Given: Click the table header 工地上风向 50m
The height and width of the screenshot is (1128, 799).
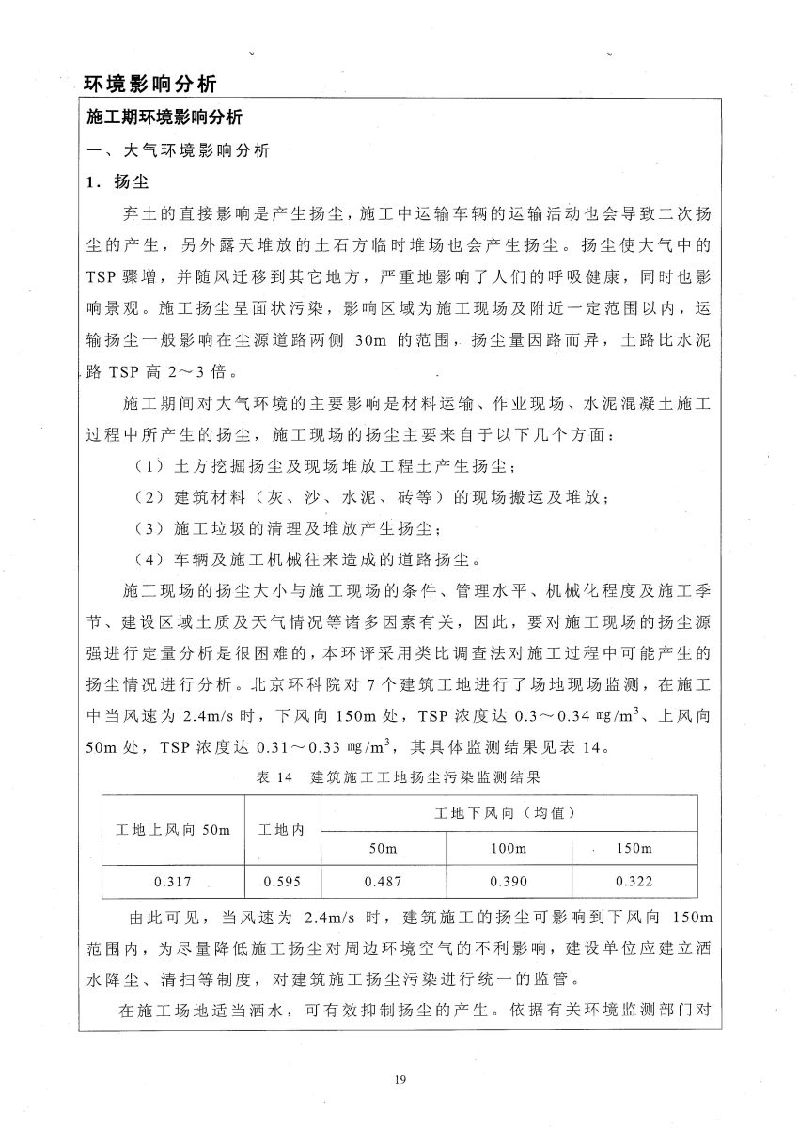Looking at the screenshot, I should click(x=172, y=829).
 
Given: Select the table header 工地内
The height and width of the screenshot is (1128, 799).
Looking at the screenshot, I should click(x=282, y=829).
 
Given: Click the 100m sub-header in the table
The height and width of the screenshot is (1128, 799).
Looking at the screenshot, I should click(x=508, y=848).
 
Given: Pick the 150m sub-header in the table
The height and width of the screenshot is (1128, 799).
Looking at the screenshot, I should click(x=634, y=848).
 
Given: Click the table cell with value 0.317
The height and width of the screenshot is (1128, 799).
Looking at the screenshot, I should click(x=172, y=882).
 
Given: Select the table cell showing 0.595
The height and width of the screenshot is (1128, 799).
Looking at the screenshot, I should click(x=281, y=882).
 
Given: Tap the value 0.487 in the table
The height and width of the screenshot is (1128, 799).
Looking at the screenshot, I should click(x=383, y=882).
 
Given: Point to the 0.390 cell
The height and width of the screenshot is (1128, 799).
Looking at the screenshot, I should click(x=508, y=882).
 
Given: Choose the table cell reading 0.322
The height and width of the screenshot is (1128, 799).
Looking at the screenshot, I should click(x=634, y=882).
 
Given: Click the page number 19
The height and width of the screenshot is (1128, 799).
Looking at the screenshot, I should click(x=400, y=1078).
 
